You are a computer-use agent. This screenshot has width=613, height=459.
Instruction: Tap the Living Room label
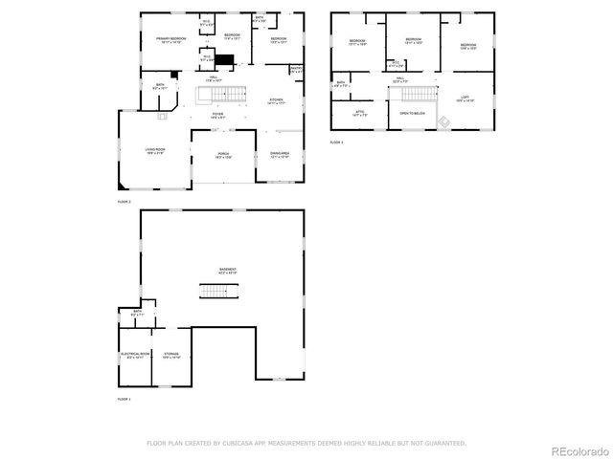(x=155, y=150)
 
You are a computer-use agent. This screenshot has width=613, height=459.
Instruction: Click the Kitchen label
(x=276, y=100)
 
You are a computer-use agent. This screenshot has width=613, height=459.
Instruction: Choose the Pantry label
(x=297, y=70)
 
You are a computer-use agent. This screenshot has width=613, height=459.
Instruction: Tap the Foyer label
(x=218, y=114)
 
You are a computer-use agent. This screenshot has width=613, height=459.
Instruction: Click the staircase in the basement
(x=219, y=291)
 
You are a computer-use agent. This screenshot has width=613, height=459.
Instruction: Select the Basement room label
(x=227, y=270)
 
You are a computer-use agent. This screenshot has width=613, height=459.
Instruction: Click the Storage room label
(x=171, y=355)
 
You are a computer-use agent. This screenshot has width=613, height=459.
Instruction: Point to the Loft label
(x=464, y=98)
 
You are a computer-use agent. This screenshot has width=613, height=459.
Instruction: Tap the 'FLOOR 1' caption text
(x=124, y=399)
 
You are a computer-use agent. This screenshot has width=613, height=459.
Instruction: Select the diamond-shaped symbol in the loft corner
(x=443, y=120)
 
